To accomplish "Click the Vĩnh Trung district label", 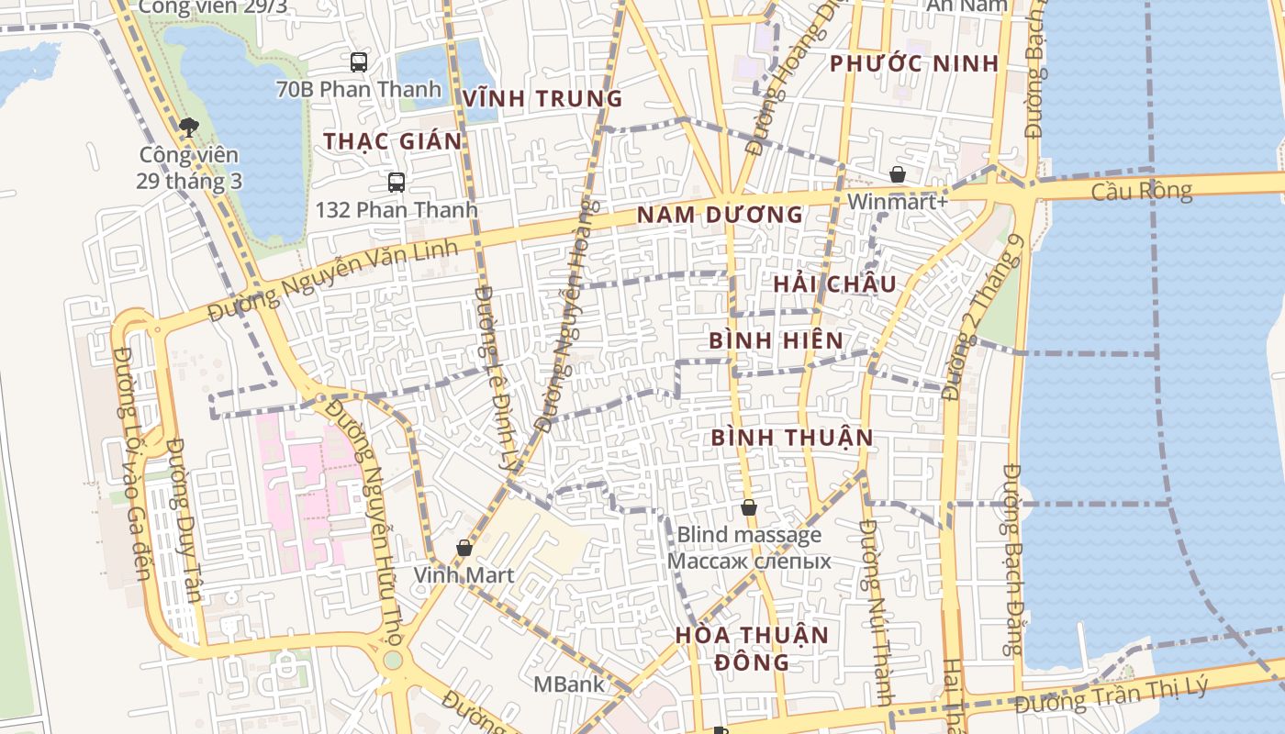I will (542, 98).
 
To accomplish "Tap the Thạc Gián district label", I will (392, 141).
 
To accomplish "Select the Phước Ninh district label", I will (913, 63).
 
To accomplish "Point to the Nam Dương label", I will (720, 215).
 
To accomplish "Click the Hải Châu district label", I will (833, 284).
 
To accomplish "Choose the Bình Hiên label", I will (776, 340).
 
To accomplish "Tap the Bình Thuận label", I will (792, 437).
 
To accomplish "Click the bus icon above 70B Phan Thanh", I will (359, 62).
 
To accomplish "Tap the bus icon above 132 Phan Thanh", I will (397, 182).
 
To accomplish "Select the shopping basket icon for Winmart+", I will (897, 174).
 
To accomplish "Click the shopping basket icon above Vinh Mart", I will (464, 548).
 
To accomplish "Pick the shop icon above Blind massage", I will (749, 507).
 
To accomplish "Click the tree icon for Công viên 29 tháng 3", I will (189, 128).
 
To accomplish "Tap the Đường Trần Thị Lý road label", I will (1111, 697).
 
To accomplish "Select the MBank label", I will (569, 684).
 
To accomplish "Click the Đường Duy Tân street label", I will (184, 519).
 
